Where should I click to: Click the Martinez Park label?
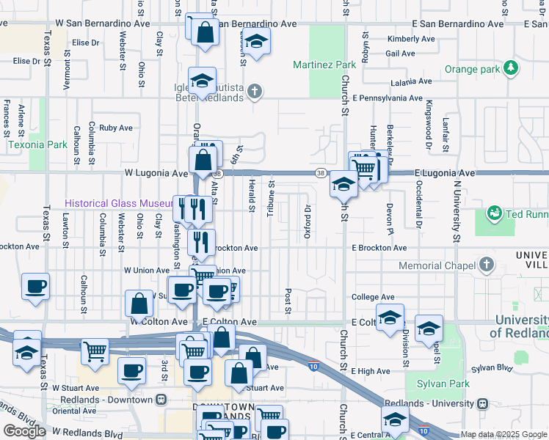tap(324, 65)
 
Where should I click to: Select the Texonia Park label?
tap(37, 144)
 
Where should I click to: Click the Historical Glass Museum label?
tap(117, 203)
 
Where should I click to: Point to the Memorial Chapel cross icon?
tap(486, 265)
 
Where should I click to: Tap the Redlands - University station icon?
tap(483, 404)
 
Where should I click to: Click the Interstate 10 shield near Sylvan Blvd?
tap(313, 366)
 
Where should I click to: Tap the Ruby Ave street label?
tap(116, 128)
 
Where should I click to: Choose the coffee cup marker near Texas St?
tap(34, 285)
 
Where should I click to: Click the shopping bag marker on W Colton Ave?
tap(139, 303)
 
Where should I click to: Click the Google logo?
tap(24, 431)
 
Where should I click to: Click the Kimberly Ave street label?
tap(401, 39)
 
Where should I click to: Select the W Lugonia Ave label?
tap(155, 173)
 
